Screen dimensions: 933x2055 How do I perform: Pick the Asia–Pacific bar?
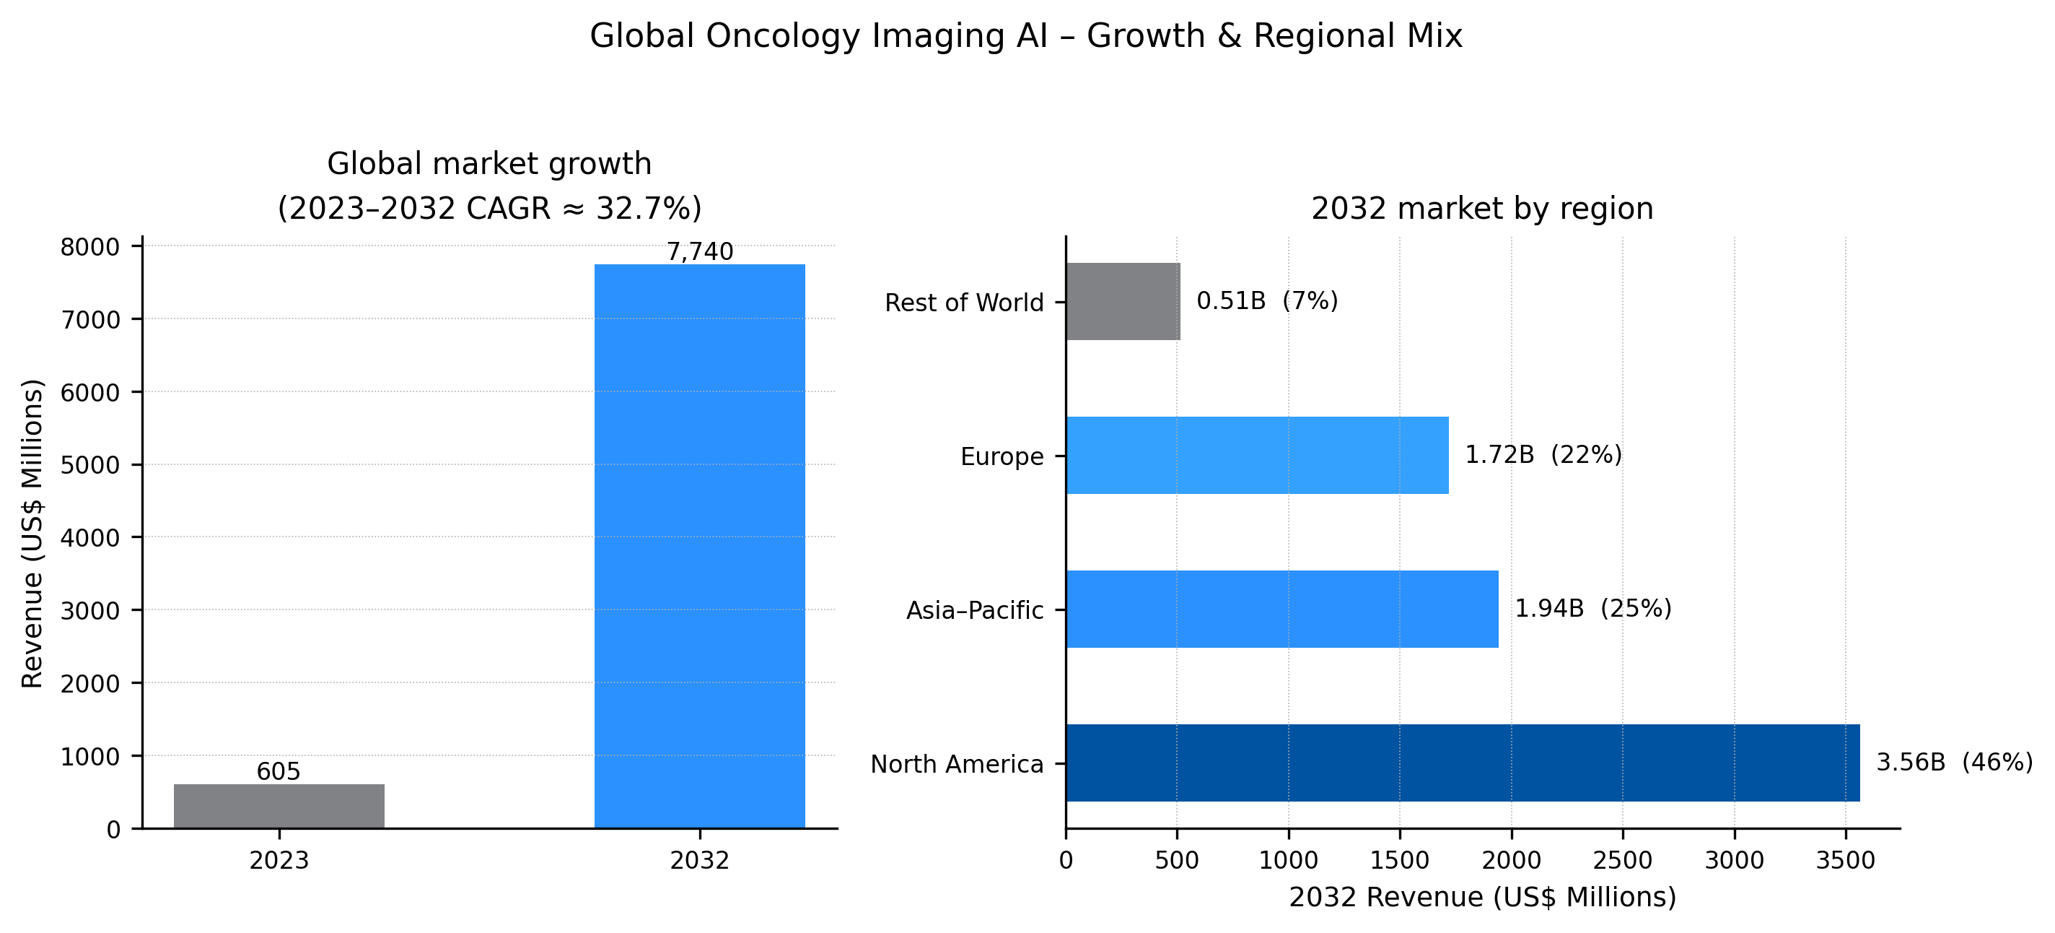pyautogui.click(x=1281, y=608)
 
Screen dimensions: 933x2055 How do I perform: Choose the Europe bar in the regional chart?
pyautogui.click(x=1256, y=455)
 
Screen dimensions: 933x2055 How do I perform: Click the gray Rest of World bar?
pyautogui.click(x=1123, y=301)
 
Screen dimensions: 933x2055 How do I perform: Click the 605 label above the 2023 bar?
pyautogui.click(x=279, y=771)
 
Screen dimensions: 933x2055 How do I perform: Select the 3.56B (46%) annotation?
pyautogui.click(x=1954, y=761)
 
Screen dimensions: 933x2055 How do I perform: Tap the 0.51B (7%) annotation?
pyautogui.click(x=1267, y=300)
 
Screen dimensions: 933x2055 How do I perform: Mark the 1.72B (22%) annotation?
pyautogui.click(x=1543, y=454)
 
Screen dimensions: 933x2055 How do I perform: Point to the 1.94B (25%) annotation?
pyautogui.click(x=1592, y=608)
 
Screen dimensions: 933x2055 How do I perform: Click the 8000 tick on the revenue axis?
pyautogui.click(x=90, y=247)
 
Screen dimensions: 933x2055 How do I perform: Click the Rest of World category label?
pyautogui.click(x=964, y=303)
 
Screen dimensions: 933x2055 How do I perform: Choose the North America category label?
pyautogui.click(x=957, y=764)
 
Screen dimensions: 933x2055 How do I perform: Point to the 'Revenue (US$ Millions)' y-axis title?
pyautogui.click(x=32, y=533)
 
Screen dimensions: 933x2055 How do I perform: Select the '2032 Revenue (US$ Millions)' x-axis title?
pyautogui.click(x=1482, y=897)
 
